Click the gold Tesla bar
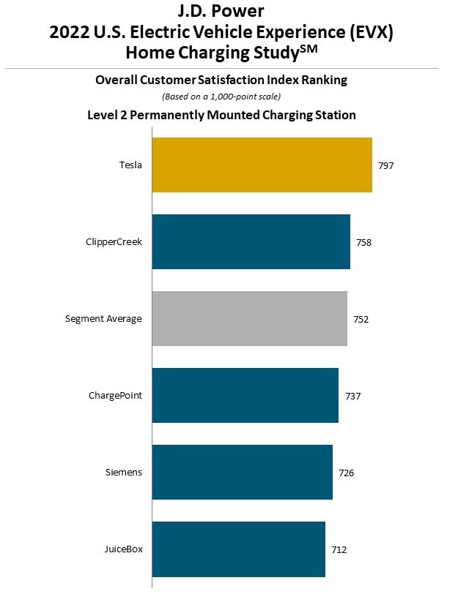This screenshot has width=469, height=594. [x=262, y=165]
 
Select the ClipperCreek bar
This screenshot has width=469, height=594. [x=251, y=242]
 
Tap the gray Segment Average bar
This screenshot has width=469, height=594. [x=249, y=319]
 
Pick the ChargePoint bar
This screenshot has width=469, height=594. [x=245, y=396]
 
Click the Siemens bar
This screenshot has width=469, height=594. [x=242, y=473]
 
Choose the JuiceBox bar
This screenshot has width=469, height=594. [x=238, y=549]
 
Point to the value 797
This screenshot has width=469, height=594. [x=386, y=166]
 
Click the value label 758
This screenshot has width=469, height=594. [x=364, y=243]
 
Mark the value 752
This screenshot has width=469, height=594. [x=361, y=320]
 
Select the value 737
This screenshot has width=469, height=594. [x=353, y=396]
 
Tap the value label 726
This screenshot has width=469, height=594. [x=347, y=473]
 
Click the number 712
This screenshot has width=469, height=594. [x=339, y=550]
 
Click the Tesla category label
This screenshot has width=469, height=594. [x=130, y=165]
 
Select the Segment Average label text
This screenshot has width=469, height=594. [x=103, y=319]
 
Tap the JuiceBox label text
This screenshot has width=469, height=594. [x=123, y=549]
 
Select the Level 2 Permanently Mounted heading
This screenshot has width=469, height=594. [x=221, y=115]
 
